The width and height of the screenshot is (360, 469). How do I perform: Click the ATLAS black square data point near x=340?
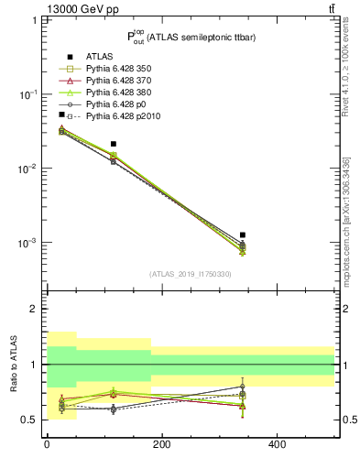click(242, 235)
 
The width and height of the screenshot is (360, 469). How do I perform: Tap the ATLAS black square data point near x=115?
click(113, 144)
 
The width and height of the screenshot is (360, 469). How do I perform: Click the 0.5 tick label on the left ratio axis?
click(30, 420)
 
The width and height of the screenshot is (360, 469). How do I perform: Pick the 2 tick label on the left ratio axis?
click(34, 309)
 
